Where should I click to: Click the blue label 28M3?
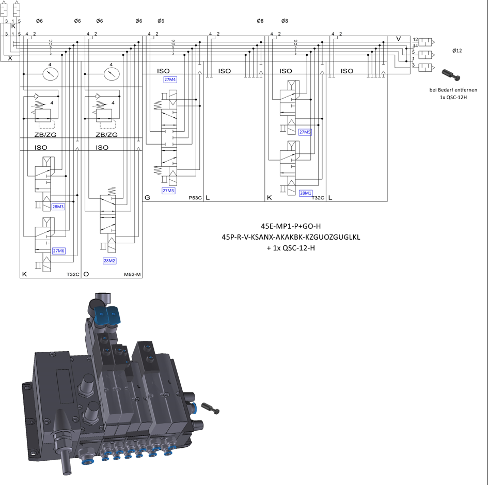pyautogui.click(x=58, y=207)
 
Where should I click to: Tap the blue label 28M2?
pyautogui.click(x=109, y=261)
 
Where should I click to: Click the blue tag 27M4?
pyautogui.click(x=170, y=80)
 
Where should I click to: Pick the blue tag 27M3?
pyautogui.click(x=168, y=191)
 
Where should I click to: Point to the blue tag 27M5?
pyautogui.click(x=305, y=132)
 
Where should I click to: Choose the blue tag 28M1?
pyautogui.click(x=305, y=193)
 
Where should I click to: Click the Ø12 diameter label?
pyautogui.click(x=456, y=51)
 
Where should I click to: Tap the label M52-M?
pyautogui.click(x=133, y=274)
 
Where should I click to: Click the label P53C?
pyautogui.click(x=195, y=198)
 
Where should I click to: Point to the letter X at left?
pyautogui.click(x=10, y=58)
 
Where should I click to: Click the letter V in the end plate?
pyautogui.click(x=398, y=39)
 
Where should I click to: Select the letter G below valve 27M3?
pyautogui.click(x=147, y=197)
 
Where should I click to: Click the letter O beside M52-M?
pyautogui.click(x=86, y=274)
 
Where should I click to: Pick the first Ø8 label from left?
pyautogui.click(x=260, y=21)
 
